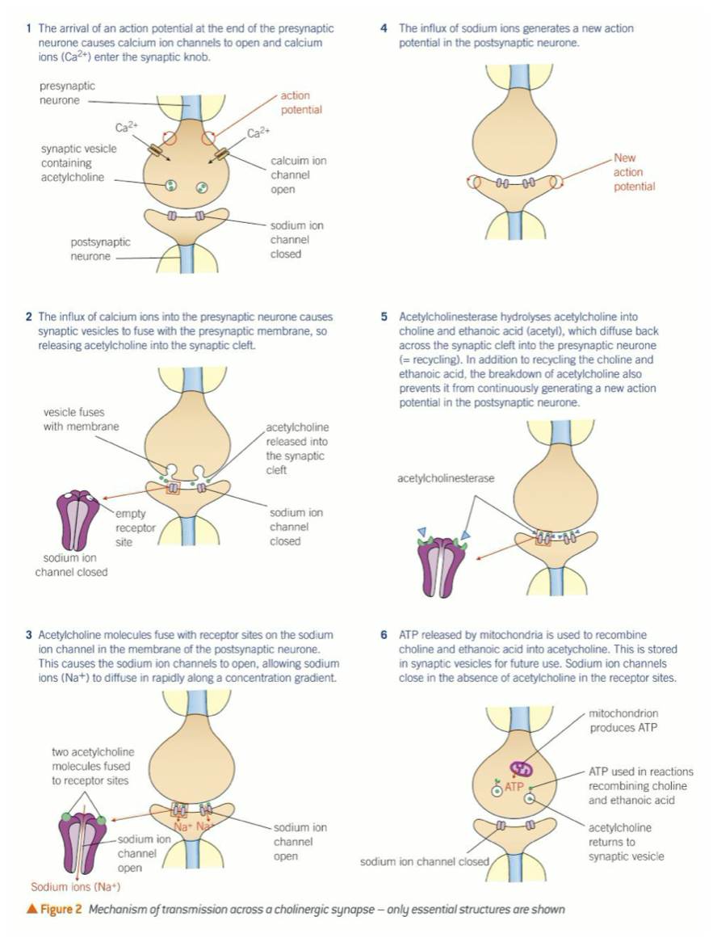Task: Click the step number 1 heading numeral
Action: click(x=29, y=29)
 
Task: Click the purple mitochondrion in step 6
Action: click(x=522, y=769)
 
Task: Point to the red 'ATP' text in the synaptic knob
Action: click(x=515, y=786)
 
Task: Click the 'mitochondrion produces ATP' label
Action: click(x=628, y=721)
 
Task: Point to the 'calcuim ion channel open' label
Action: click(x=298, y=175)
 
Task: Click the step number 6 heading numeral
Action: click(x=384, y=635)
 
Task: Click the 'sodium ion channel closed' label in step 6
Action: click(x=425, y=862)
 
